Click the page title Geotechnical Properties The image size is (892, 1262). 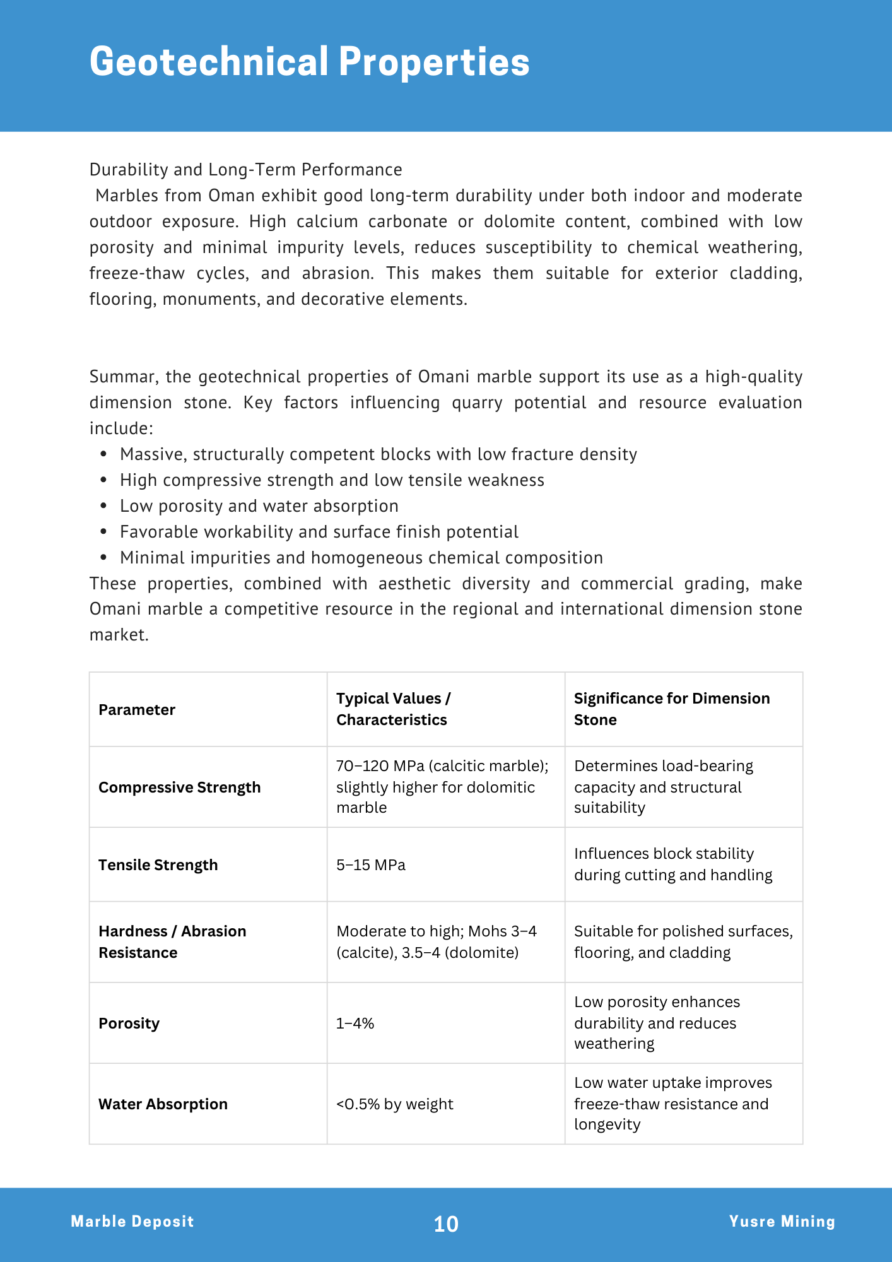(x=309, y=62)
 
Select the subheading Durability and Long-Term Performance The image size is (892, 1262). (x=245, y=170)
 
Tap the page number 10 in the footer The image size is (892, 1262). (x=446, y=1224)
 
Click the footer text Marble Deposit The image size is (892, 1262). (x=132, y=1222)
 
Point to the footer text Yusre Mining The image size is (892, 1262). (x=782, y=1222)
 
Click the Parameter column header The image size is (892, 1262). (x=137, y=710)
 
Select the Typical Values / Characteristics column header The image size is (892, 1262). (x=393, y=709)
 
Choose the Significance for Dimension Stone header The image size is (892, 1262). (x=671, y=709)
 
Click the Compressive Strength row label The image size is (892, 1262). (x=179, y=787)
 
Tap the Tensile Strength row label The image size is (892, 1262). (x=158, y=865)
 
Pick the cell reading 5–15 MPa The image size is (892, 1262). (x=371, y=865)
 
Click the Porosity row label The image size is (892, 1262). (x=129, y=1023)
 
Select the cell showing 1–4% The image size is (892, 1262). (x=355, y=1023)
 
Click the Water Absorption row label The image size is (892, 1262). (x=163, y=1104)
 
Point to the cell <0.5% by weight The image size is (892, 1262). (x=395, y=1104)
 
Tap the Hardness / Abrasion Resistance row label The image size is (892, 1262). (x=172, y=942)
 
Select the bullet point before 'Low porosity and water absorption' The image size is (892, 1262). (x=104, y=506)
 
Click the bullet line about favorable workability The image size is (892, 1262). (x=319, y=532)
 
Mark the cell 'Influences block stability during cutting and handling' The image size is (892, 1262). (x=672, y=864)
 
